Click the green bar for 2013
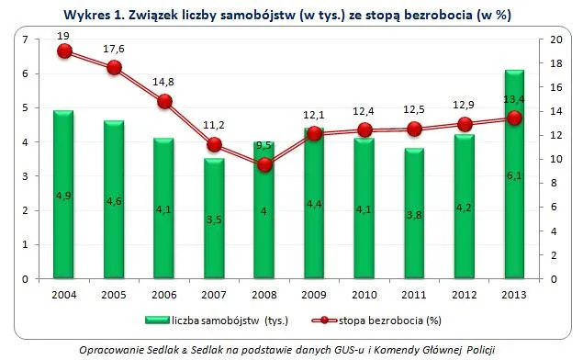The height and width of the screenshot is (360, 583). tap(514, 174)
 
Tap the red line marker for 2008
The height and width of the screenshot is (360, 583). tap(264, 165)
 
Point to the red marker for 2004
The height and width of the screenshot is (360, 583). tap(64, 51)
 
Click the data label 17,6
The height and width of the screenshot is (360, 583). tap(115, 50)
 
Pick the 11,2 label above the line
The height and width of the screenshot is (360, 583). tap(215, 127)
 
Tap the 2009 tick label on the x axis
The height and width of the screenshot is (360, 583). tap(314, 293)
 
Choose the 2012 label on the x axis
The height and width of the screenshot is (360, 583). tap(465, 293)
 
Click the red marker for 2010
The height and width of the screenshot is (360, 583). tap(364, 130)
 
